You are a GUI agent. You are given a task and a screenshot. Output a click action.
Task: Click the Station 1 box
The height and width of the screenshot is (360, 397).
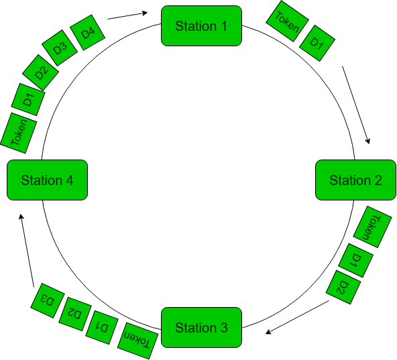tap(201, 26)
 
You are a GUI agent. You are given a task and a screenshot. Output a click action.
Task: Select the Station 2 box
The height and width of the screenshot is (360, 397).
tap(355, 180)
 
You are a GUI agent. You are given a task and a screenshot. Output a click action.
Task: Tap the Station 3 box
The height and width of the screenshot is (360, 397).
tap(201, 328)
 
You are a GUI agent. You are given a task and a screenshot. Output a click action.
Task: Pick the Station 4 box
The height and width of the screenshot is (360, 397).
tap(47, 180)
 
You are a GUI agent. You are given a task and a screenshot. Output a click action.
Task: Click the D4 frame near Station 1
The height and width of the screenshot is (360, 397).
tap(88, 34)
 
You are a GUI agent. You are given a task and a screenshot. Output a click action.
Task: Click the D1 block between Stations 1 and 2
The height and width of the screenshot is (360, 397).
tap(317, 45)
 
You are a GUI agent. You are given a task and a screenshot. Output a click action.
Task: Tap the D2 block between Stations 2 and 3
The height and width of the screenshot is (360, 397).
tap(343, 288)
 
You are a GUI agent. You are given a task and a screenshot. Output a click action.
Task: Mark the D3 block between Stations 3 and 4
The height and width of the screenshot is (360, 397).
tap(47, 300)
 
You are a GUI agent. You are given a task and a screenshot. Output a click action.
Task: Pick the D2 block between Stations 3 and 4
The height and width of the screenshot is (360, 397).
tap(74, 313)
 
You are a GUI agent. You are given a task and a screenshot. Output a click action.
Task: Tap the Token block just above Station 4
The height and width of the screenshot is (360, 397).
tap(18, 130)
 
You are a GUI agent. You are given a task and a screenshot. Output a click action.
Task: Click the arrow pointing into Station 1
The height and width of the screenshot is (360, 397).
tap(127, 15)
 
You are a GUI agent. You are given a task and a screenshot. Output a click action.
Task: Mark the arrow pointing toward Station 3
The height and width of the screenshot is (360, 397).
tap(298, 317)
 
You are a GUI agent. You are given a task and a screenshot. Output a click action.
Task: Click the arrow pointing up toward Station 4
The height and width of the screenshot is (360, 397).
tap(25, 248)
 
